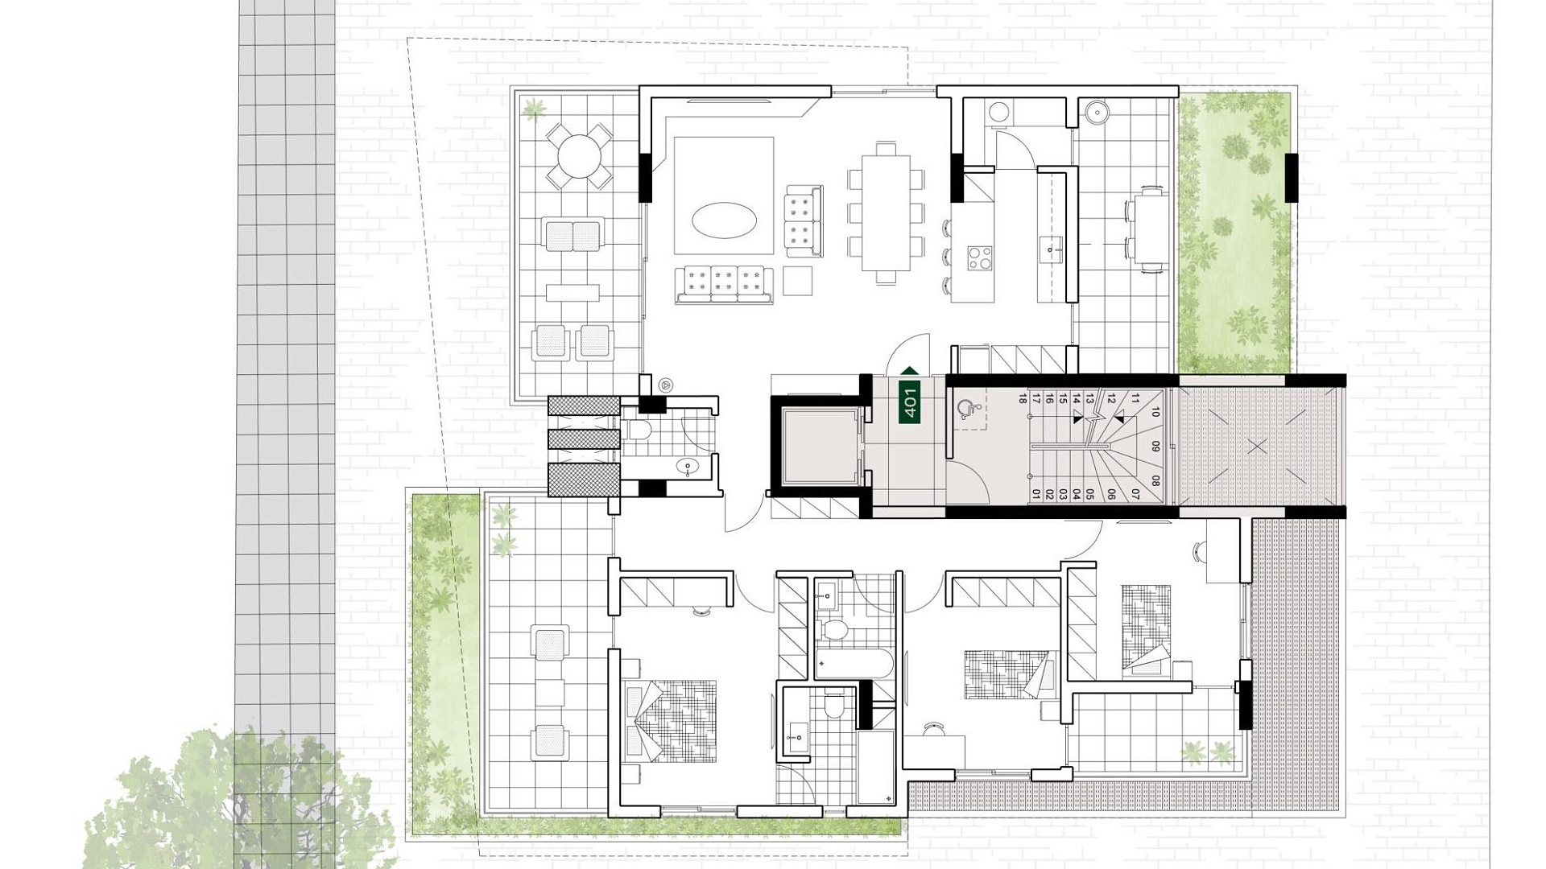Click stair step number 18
point(1023,397)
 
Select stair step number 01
point(1036,494)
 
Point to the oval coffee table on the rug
point(724,220)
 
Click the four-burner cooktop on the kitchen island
point(980,257)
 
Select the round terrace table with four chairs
point(578,155)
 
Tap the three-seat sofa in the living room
point(724,284)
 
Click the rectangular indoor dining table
point(886,212)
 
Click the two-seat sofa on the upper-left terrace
point(573,235)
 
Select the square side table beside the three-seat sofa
point(798,281)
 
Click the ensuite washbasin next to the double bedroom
point(799,733)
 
